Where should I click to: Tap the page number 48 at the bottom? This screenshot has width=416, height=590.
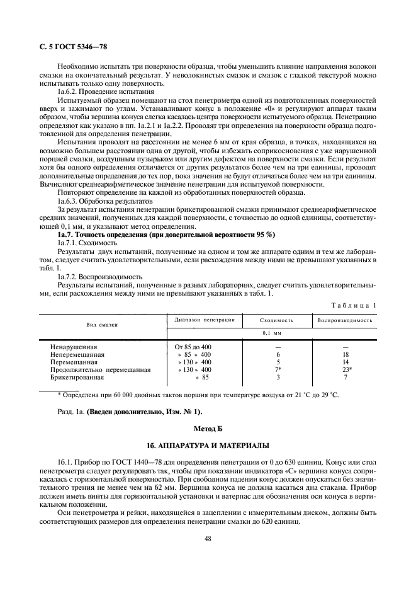coord(208,539)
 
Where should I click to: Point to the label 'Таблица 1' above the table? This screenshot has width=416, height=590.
coord(353,305)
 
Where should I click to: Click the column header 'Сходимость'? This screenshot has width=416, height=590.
coord(277,320)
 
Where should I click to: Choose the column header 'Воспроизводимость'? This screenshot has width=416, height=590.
coord(345,320)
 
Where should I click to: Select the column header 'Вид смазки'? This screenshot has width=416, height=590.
coord(102,324)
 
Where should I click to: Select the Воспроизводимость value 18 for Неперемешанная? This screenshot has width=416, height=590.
coord(345,355)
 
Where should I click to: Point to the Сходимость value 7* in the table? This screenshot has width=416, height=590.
coord(278,370)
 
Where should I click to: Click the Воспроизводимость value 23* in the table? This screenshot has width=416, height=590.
coord(346,370)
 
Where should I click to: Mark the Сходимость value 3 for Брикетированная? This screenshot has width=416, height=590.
coord(278,378)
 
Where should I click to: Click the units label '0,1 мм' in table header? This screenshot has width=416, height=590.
coord(270,332)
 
